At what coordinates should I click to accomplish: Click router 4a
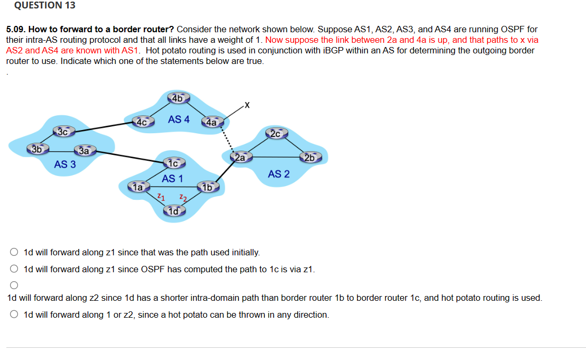click(x=212, y=122)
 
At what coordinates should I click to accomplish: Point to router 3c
click(x=63, y=132)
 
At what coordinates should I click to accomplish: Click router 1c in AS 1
click(x=175, y=162)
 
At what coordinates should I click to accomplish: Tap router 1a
click(x=139, y=187)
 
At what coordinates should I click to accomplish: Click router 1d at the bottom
click(x=174, y=211)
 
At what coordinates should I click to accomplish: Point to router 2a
click(x=240, y=157)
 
